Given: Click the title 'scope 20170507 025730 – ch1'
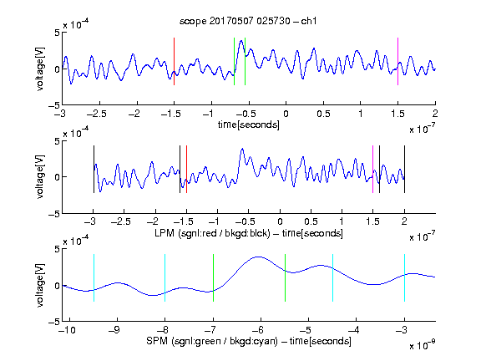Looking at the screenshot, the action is (248, 21).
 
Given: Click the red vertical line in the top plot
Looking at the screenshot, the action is (174, 61).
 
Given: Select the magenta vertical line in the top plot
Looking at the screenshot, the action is (397, 61).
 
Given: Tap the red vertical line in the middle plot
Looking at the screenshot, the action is (186, 169).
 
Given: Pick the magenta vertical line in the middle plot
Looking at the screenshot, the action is (372, 169).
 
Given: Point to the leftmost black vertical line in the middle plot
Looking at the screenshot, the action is (94, 169).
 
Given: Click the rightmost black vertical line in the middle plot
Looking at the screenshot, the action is (404, 169).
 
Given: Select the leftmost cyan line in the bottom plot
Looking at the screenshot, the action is (94, 277).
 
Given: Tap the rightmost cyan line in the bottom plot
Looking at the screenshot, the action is (404, 277).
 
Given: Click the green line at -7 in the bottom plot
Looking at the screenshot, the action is (213, 277).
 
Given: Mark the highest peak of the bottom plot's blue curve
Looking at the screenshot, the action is (260, 257).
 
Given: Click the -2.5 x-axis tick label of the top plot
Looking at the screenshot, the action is (97, 114).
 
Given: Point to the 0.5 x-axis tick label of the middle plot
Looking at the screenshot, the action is (311, 221).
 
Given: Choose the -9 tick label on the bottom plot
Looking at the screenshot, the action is (114, 330).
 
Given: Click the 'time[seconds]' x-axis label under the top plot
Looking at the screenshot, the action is (249, 125).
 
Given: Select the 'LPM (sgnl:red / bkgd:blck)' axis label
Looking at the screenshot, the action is (212, 233).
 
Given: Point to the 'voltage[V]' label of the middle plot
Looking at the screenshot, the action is (40, 177).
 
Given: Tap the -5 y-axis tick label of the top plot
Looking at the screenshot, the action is (54, 105).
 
